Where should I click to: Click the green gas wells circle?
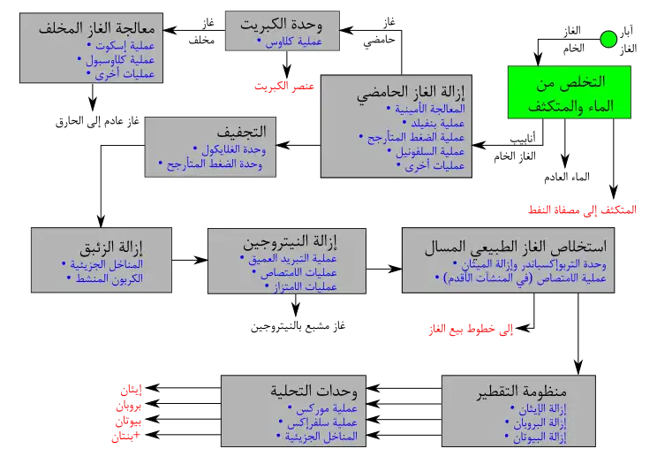(x=608, y=40)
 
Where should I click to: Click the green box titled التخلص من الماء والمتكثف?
(x=570, y=92)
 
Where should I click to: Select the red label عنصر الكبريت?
(x=284, y=86)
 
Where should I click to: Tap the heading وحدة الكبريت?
(x=282, y=25)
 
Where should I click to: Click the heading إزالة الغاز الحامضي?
(x=411, y=92)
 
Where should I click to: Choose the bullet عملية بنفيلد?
(x=434, y=123)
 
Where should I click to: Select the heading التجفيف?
(x=242, y=132)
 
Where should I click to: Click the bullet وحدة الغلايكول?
(x=230, y=149)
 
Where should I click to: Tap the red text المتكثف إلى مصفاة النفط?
(x=582, y=209)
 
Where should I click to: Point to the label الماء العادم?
(x=567, y=177)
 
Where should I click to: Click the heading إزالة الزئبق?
(x=111, y=247)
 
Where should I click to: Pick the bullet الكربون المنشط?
(x=105, y=278)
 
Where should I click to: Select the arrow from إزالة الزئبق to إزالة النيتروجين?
(x=190, y=260)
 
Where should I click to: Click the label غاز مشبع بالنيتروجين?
(x=298, y=326)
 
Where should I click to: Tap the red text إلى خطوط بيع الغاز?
(x=471, y=330)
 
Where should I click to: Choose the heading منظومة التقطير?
(x=522, y=391)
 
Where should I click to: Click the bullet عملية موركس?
(x=322, y=407)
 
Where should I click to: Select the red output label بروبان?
(x=129, y=406)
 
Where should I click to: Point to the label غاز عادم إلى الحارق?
(x=97, y=122)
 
